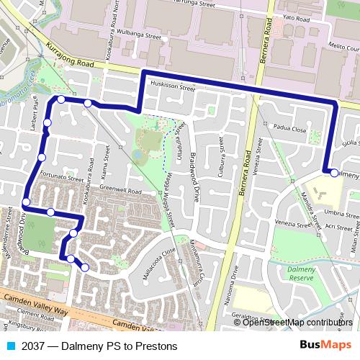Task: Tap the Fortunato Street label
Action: click(61, 176)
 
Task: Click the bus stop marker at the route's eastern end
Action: click(333, 172)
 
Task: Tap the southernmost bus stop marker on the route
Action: click(85, 268)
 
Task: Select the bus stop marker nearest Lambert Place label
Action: click(47, 123)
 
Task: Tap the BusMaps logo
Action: click(320, 345)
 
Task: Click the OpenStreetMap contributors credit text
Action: click(297, 323)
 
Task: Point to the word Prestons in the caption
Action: click(154, 346)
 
